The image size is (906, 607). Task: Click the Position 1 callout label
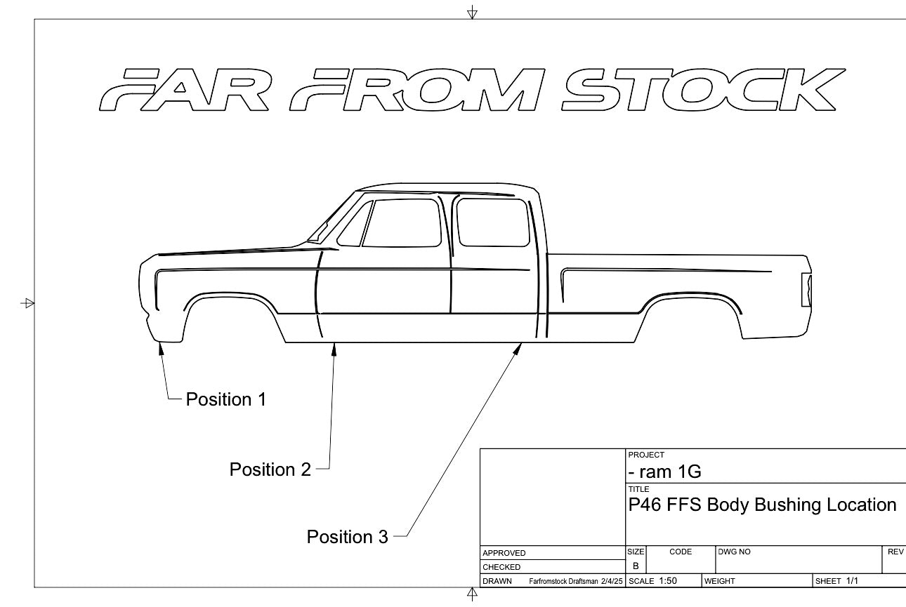click(x=225, y=399)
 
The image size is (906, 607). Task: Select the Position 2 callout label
click(x=270, y=469)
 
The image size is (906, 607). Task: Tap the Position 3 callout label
click(x=347, y=537)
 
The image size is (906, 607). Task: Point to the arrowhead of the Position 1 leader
click(x=162, y=347)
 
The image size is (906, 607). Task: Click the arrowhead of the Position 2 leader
click(x=334, y=347)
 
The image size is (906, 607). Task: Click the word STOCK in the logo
click(x=702, y=91)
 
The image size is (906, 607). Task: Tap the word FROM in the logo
click(x=421, y=91)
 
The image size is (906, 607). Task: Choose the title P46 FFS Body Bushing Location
click(x=762, y=505)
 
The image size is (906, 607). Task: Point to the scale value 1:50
click(x=668, y=581)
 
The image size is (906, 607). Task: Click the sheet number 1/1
click(x=852, y=581)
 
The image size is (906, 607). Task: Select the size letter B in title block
click(x=635, y=566)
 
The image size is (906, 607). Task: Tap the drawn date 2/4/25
click(x=611, y=582)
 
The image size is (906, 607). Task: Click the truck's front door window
click(x=400, y=222)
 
